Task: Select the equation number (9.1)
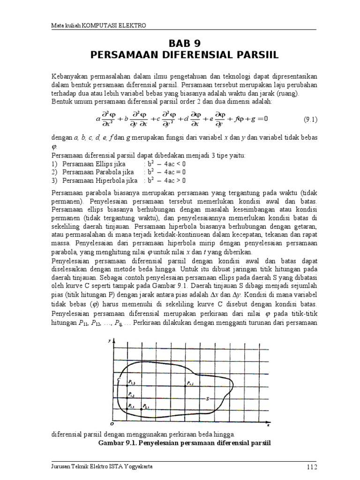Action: [310, 119]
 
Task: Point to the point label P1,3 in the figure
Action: [132, 383]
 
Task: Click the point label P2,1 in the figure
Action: [146, 406]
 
